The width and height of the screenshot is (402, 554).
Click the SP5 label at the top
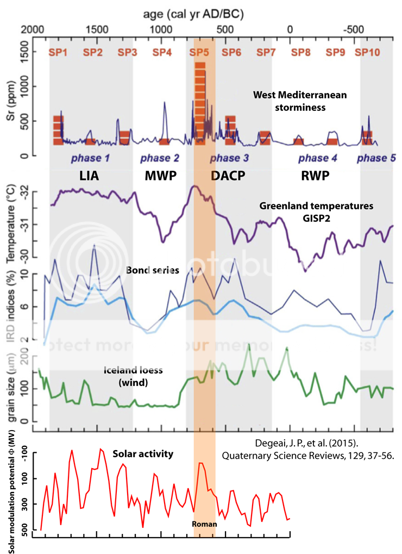(x=199, y=52)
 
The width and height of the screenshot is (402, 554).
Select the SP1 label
(x=58, y=52)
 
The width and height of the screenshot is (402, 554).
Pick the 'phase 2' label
(x=160, y=158)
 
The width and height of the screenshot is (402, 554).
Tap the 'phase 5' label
(x=376, y=158)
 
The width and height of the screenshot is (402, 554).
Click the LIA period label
(x=89, y=176)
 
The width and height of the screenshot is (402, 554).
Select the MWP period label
(x=160, y=176)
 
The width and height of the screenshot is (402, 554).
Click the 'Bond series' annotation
(x=153, y=270)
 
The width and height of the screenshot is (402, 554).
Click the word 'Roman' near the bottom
(x=204, y=524)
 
